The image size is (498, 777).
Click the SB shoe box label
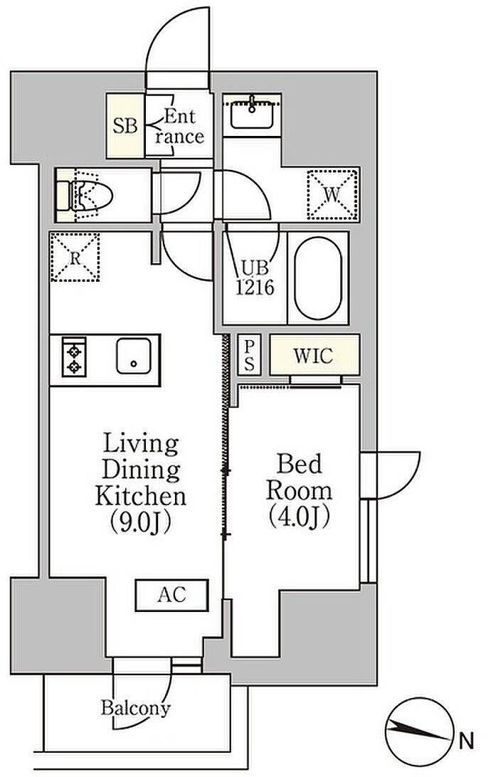125,126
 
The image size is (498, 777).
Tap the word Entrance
179,127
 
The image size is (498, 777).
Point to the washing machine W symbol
332,194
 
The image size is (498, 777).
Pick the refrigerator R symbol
75,257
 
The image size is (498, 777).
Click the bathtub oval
317,278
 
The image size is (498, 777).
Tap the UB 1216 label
255,277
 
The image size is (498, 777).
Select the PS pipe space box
249,355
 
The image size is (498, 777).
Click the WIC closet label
313,355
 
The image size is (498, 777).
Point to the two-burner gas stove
74,356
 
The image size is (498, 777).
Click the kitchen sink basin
134,356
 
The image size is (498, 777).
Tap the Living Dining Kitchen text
142,470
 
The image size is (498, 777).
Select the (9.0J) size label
140,522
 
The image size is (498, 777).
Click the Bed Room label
300,477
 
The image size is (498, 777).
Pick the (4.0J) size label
299,517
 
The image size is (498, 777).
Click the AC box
172,595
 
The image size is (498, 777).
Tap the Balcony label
136,707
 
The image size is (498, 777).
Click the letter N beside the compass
467,741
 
